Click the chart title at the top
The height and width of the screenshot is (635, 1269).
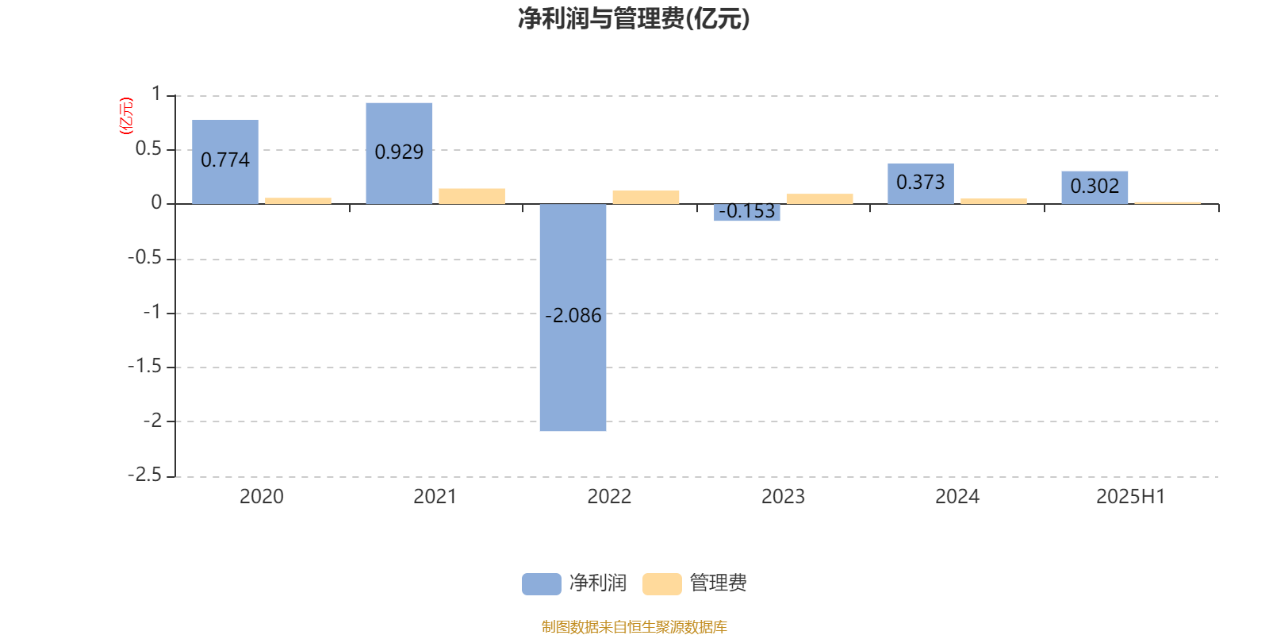634,19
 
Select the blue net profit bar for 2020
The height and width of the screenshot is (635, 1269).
225,162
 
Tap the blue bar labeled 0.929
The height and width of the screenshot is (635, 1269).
399,153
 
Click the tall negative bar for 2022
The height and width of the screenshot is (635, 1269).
573,317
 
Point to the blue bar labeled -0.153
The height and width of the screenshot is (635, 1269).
746,212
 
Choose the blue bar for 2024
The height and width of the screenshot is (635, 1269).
921,183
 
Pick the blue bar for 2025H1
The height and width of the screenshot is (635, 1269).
1095,187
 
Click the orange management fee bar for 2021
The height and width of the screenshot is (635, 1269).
472,196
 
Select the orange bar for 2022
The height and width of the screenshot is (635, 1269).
646,198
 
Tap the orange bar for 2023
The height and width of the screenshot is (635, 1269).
820,198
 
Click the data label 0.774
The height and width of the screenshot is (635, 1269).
225,160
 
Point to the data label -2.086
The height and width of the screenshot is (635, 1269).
573,315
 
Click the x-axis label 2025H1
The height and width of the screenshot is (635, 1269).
1131,497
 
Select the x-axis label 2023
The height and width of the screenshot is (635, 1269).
783,497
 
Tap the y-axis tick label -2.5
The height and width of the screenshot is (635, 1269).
144,475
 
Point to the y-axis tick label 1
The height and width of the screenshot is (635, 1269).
156,94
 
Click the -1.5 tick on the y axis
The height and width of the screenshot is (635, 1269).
144,366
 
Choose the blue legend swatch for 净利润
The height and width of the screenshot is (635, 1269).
542,584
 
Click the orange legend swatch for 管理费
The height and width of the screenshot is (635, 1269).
661,584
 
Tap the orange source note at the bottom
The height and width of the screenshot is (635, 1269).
634,626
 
